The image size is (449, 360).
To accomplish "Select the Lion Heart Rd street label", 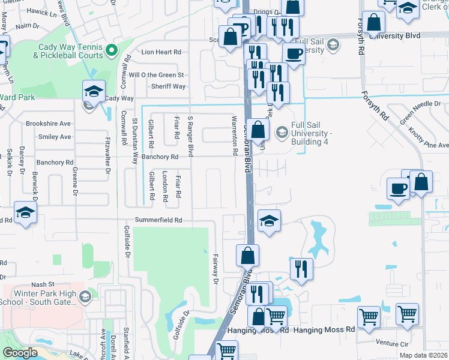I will coord(161,52).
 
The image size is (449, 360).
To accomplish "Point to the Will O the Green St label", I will coord(156,75).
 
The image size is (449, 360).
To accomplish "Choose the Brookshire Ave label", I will coord(48,124).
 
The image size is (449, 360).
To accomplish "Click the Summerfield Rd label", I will coord(158,220).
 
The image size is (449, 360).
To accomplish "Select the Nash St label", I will coord(43,284).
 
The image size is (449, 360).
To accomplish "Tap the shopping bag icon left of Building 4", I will coord(258,129).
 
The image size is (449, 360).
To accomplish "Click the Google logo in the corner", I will coord(20,352).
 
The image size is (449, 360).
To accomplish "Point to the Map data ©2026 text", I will coord(423,355).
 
